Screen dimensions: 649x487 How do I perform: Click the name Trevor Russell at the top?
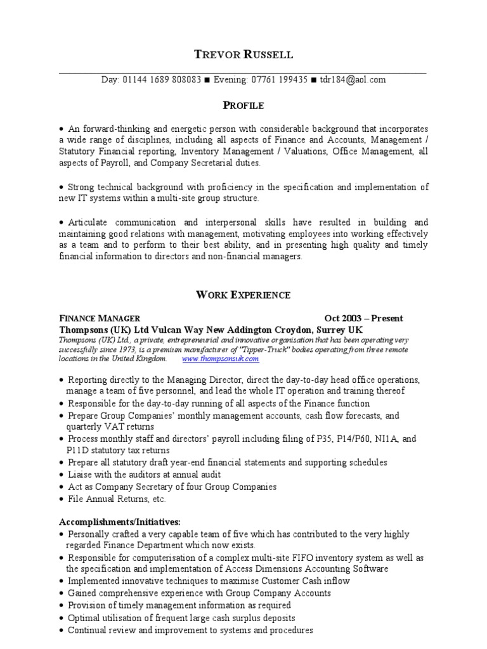(x=243, y=55)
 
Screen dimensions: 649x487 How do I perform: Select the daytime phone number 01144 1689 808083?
(x=161, y=80)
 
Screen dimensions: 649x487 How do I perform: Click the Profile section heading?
(x=243, y=105)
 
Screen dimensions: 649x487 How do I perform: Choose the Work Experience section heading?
(x=243, y=295)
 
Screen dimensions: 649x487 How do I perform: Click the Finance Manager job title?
(x=100, y=318)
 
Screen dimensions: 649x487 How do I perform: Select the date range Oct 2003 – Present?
(x=363, y=318)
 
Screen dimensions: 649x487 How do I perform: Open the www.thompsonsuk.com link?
(x=212, y=359)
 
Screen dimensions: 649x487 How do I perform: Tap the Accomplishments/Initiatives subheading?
(x=120, y=522)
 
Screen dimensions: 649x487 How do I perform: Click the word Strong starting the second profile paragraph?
(x=81, y=187)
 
